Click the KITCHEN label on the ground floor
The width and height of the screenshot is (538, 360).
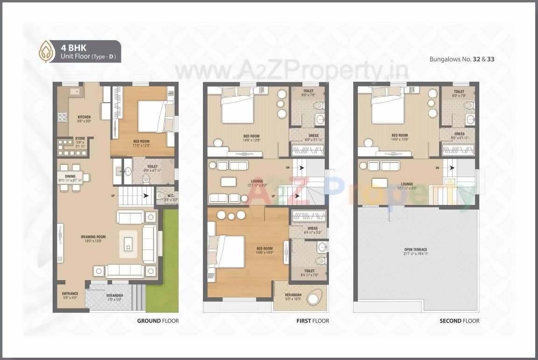coord(84,117)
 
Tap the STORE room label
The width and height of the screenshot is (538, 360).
coord(80,139)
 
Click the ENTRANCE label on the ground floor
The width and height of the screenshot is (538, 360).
coord(70,294)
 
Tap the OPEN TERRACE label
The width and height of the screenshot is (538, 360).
coord(416,250)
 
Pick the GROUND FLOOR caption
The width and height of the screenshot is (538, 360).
coord(158,321)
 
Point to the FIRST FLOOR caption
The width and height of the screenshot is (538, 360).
coord(313,321)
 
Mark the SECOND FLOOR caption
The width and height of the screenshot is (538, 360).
coord(459,321)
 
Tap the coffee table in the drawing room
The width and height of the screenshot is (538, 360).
coord(129,243)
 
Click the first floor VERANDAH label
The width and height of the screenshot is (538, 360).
coord(293,295)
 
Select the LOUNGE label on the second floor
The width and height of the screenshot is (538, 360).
coord(407,184)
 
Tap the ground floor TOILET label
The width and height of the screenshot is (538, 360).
coord(152,166)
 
